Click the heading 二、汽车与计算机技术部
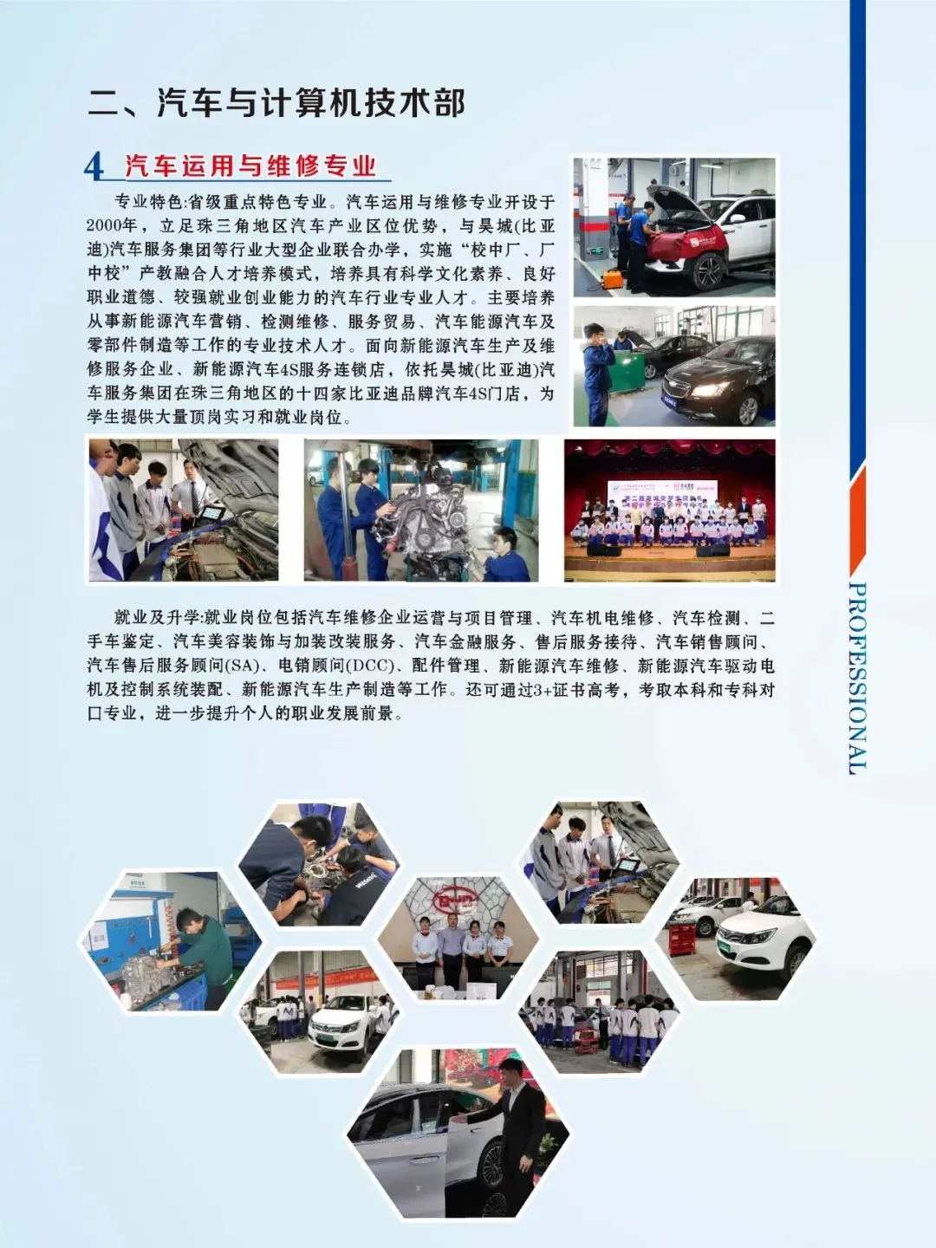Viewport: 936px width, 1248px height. (x=276, y=103)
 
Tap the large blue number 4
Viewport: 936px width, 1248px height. (x=94, y=166)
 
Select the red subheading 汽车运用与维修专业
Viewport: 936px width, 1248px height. (x=250, y=166)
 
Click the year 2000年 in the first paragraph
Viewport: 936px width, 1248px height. (x=112, y=226)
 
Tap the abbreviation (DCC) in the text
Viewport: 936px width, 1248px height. (x=370, y=666)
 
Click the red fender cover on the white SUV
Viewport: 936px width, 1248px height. (x=685, y=240)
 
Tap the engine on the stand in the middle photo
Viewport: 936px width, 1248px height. (x=423, y=511)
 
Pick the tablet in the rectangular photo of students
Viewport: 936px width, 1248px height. (x=210, y=513)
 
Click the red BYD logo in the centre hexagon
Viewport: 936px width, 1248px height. (x=456, y=902)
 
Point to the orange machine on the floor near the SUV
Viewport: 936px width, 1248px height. (x=614, y=279)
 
